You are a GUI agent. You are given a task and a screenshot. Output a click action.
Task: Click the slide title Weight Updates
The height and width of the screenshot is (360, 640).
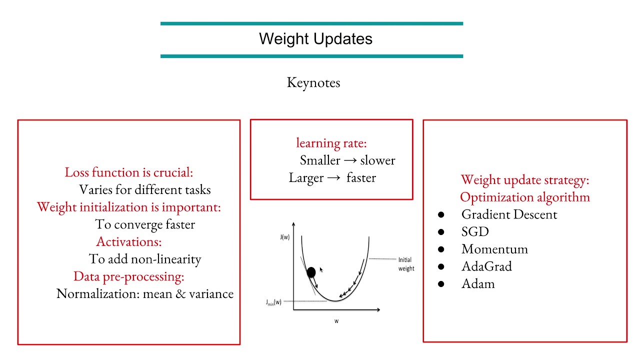tap(315, 39)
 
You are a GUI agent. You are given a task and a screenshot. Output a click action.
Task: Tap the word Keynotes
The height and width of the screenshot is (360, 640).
tap(313, 82)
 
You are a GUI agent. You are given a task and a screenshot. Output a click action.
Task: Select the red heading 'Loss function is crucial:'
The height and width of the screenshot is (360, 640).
tap(128, 172)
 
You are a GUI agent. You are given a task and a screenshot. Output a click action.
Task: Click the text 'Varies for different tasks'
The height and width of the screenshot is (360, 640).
tap(145, 190)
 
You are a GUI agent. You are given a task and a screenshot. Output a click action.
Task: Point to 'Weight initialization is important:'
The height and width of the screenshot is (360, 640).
tap(128, 207)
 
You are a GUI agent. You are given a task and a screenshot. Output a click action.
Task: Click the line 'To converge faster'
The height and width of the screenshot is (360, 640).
tap(145, 224)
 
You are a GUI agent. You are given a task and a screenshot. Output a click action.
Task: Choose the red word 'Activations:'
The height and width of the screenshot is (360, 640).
tap(129, 241)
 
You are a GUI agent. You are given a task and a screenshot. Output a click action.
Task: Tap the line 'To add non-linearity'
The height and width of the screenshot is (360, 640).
tap(145, 259)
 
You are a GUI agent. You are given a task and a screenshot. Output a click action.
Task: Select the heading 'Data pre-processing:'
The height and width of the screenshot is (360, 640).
tap(129, 276)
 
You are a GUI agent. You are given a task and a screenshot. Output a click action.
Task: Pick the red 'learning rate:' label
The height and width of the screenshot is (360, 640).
tap(331, 143)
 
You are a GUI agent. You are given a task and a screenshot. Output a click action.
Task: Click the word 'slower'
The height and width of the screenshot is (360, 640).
tap(377, 160)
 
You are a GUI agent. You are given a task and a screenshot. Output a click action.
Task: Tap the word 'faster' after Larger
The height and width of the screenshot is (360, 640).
tap(361, 178)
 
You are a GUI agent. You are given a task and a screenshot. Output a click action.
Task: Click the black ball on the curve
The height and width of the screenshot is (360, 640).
tap(311, 272)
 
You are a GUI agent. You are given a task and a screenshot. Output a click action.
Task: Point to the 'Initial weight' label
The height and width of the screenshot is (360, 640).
tap(406, 264)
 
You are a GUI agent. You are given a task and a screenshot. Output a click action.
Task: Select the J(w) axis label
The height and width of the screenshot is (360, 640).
tap(284, 237)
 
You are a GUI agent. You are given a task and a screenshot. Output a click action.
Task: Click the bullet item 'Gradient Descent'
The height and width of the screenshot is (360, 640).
tap(509, 214)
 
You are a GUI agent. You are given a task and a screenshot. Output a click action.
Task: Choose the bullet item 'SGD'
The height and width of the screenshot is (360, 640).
tap(475, 232)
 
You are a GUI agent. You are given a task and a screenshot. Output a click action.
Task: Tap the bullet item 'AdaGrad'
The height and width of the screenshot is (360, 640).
tap(486, 266)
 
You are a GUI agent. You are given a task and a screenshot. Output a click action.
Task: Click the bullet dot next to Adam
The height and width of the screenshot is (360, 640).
tap(441, 284)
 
